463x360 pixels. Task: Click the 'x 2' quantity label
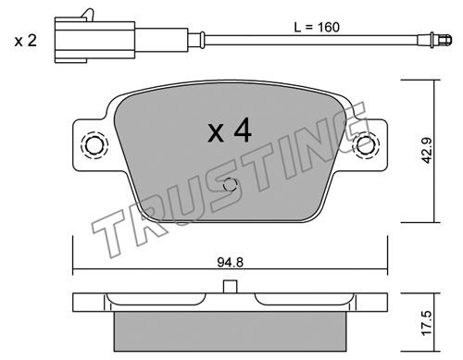pyautogui.click(x=26, y=41)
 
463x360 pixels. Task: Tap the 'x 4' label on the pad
pyautogui.click(x=230, y=131)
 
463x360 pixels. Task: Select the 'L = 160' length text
pyautogui.click(x=317, y=27)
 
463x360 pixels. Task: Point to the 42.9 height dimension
pyautogui.click(x=428, y=150)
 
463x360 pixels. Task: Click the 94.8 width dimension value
pyautogui.click(x=231, y=263)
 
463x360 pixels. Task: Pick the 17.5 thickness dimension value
pyautogui.click(x=428, y=323)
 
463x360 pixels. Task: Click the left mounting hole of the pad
pyautogui.click(x=94, y=145)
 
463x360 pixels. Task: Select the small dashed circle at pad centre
pyautogui.click(x=230, y=185)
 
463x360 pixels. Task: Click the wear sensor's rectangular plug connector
pyautogui.click(x=94, y=40)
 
